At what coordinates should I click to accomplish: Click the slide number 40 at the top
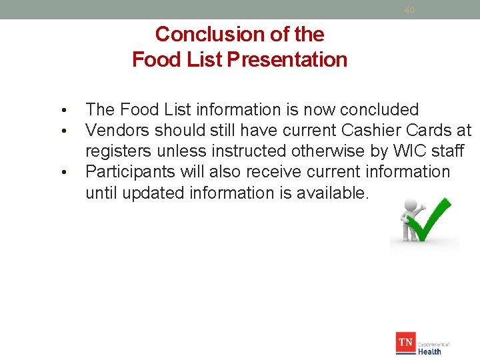(x=409, y=10)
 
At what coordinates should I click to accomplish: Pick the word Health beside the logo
(x=429, y=351)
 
